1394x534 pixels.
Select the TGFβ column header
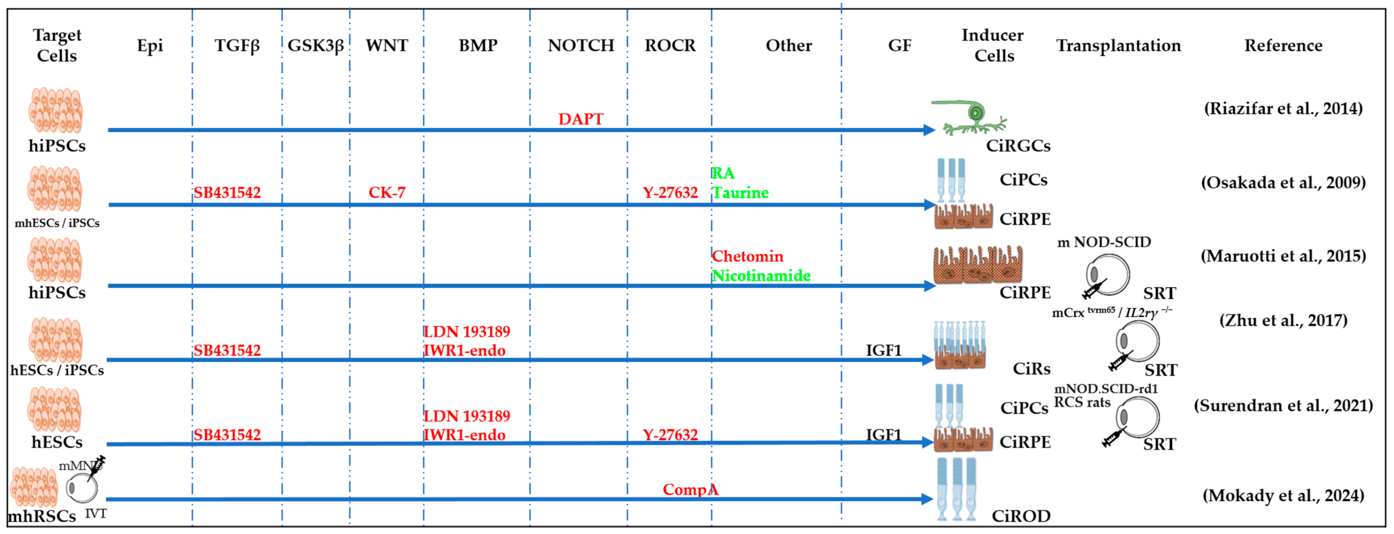pos(237,46)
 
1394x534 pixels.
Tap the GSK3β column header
pos(315,46)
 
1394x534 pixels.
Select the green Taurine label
pos(740,192)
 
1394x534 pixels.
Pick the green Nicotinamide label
pos(761,276)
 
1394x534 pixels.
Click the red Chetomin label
pos(747,256)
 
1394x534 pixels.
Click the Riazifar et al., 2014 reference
pos(1283,108)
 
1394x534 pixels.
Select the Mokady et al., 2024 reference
pos(1283,496)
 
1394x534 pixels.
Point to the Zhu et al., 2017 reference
pos(1283,320)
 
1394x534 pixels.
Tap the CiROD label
pos(1021,516)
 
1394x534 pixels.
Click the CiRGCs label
pos(1018,146)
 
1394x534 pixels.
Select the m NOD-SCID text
pos(1104,242)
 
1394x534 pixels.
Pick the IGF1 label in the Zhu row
pos(883,351)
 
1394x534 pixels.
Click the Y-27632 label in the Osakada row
pos(670,192)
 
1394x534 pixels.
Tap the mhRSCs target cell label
pos(42,516)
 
